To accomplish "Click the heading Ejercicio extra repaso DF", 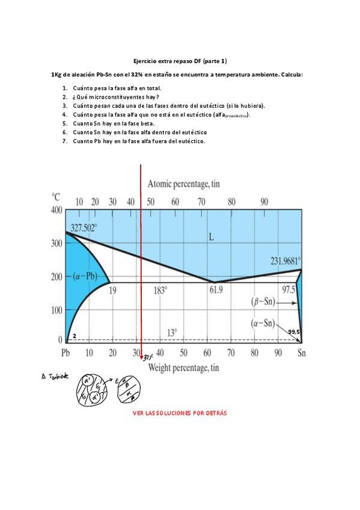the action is point(180,61).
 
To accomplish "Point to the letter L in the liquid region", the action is point(211,237).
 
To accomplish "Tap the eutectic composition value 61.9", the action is point(216,290).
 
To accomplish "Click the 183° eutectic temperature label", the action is point(160,290).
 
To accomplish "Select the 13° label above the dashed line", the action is point(172,333).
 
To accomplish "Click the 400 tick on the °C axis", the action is point(56,210).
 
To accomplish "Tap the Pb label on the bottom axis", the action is point(66,353).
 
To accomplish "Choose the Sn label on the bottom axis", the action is point(302,353).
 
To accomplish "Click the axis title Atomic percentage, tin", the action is point(192,183).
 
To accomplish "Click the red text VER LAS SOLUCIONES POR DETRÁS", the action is point(180,414).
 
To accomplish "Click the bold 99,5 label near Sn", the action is point(294,331).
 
